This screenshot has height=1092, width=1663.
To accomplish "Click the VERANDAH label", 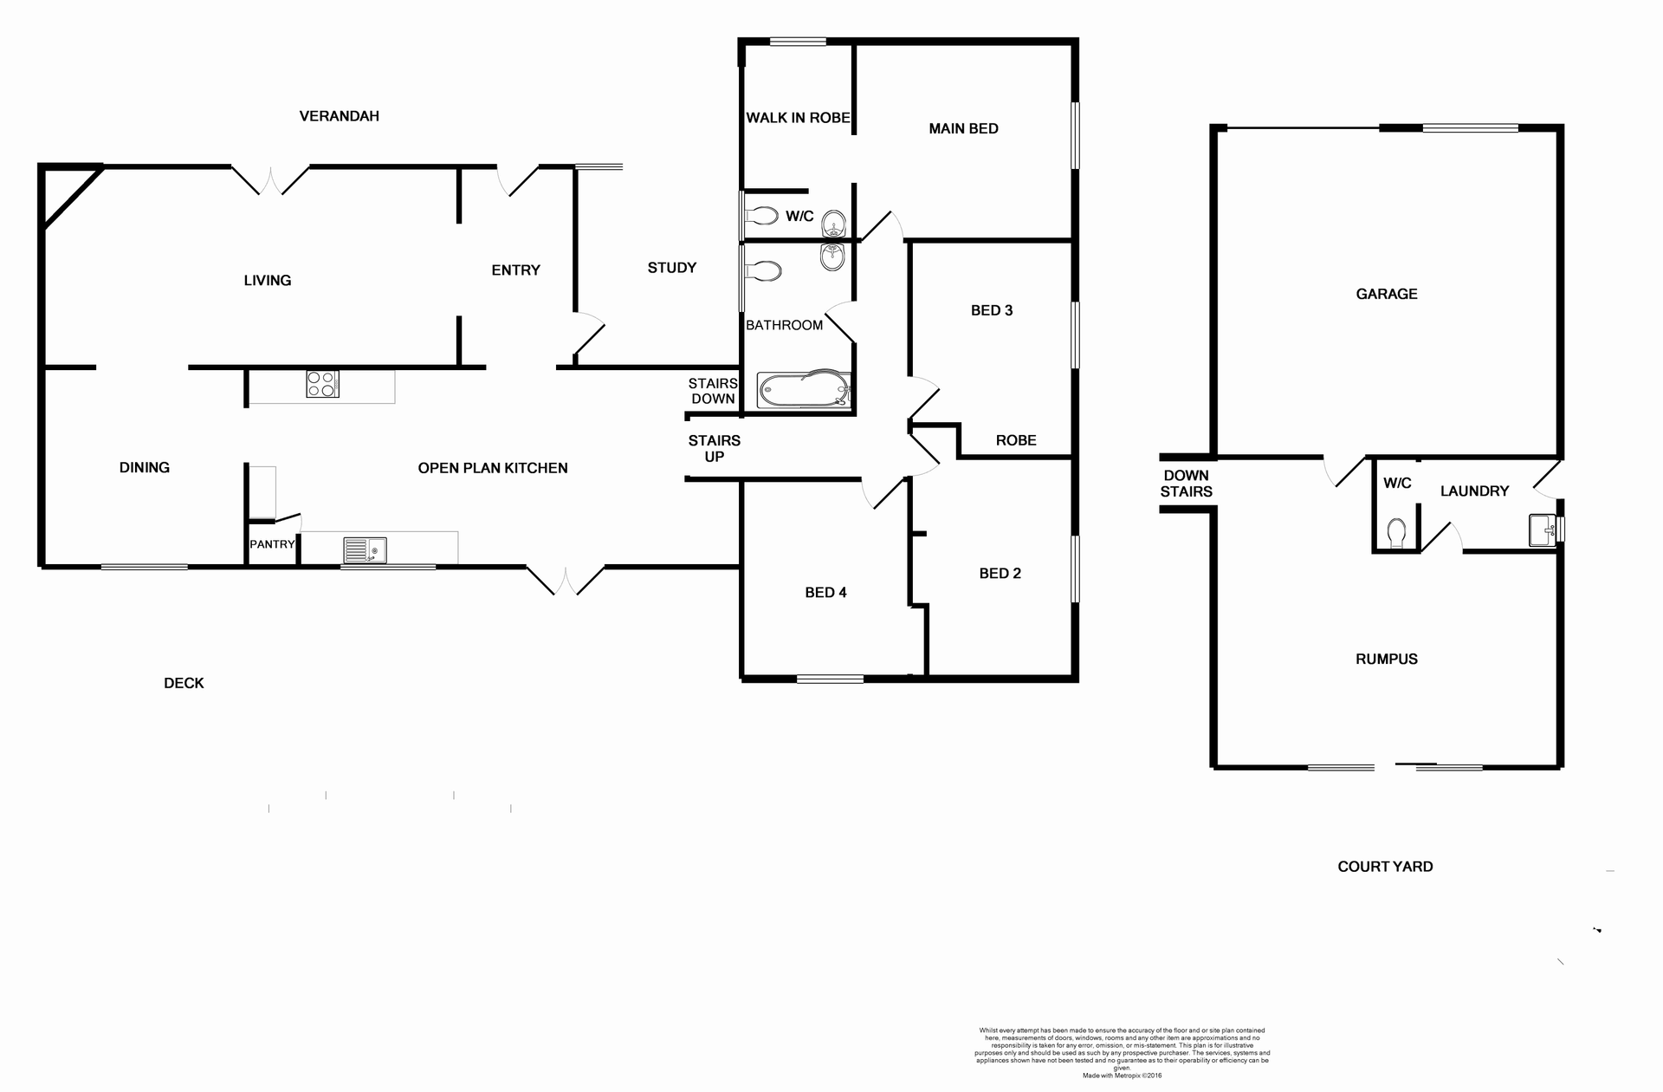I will (339, 116).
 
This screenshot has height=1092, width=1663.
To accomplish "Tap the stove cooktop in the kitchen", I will (322, 384).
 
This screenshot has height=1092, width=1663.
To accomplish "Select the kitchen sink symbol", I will (365, 550).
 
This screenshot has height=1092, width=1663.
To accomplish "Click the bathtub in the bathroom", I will (804, 391).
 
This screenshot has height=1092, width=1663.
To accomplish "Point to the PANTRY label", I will (272, 544).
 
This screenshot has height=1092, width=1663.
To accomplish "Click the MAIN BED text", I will (963, 129).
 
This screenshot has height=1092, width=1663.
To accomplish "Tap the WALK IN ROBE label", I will (798, 118).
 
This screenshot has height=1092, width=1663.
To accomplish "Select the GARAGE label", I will (1386, 295).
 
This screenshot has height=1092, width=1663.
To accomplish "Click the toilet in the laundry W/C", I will (1396, 533).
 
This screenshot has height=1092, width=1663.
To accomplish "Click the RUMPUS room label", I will (1386, 660).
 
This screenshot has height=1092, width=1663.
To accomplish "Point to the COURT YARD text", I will (1384, 867).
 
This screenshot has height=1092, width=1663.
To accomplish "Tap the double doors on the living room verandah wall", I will (270, 180).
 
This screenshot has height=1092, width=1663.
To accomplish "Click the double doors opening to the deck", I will (565, 581).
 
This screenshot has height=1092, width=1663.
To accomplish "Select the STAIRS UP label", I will (714, 449).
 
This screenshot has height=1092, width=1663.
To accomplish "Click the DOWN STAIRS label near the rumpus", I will (1186, 484).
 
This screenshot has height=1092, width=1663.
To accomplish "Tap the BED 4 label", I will (825, 593).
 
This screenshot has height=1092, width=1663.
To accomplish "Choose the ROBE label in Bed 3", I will (1015, 440).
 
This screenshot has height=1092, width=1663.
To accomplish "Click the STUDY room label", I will (671, 268).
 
